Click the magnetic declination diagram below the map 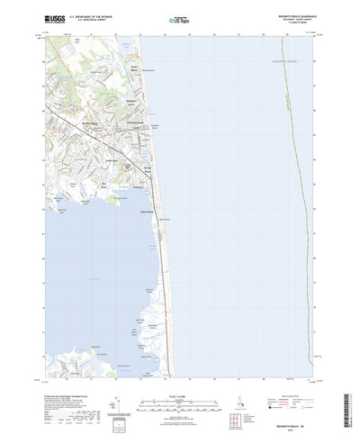[x=117, y=401]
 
